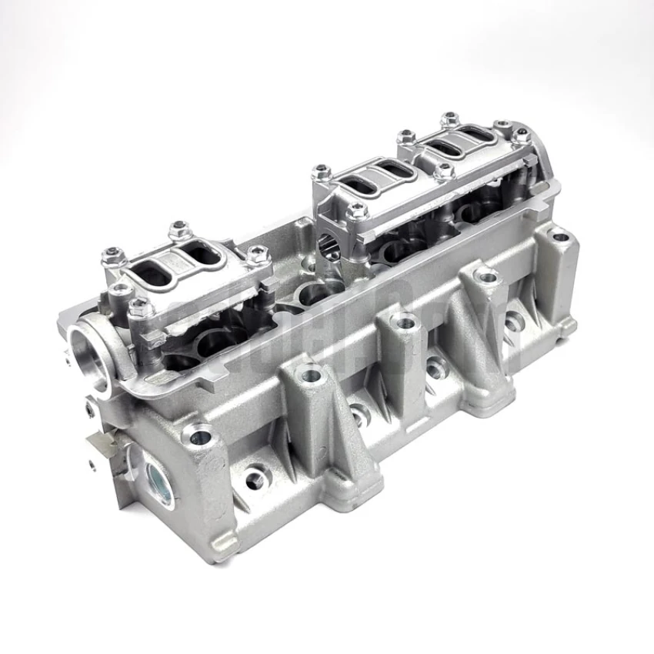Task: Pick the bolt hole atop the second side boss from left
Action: click(312, 377)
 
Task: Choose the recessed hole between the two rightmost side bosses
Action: click(511, 324)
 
